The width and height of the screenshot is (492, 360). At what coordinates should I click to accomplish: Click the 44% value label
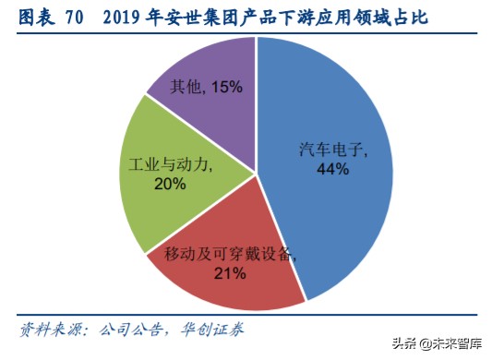330,169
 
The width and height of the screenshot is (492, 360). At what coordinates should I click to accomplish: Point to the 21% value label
230,272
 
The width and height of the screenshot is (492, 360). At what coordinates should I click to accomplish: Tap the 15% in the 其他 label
225,87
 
